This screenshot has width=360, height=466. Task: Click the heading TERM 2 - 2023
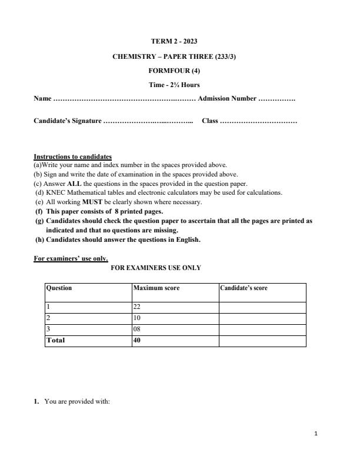pyautogui.click(x=174, y=41)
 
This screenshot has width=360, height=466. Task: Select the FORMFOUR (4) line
pyautogui.click(x=174, y=71)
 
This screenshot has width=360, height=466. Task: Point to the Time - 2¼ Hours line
pyautogui.click(x=174, y=85)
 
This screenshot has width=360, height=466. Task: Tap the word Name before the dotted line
pyautogui.click(x=42, y=99)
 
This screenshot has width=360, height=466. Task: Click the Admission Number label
pyautogui.click(x=227, y=99)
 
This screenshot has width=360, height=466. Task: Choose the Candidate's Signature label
pyautogui.click(x=67, y=121)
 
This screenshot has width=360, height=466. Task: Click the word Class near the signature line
pyautogui.click(x=209, y=121)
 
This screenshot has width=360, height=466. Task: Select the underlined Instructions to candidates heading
pyautogui.click(x=72, y=157)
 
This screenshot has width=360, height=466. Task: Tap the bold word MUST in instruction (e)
pyautogui.click(x=92, y=202)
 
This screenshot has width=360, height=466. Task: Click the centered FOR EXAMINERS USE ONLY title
pyautogui.click(x=156, y=268)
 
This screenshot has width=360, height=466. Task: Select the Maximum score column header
pyautogui.click(x=156, y=288)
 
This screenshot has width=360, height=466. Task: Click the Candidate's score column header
pyautogui.click(x=244, y=288)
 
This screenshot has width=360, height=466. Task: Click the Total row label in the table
pyautogui.click(x=56, y=340)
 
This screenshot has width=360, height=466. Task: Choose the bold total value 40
pyautogui.click(x=138, y=340)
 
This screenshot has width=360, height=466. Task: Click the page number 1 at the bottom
pyautogui.click(x=316, y=434)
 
